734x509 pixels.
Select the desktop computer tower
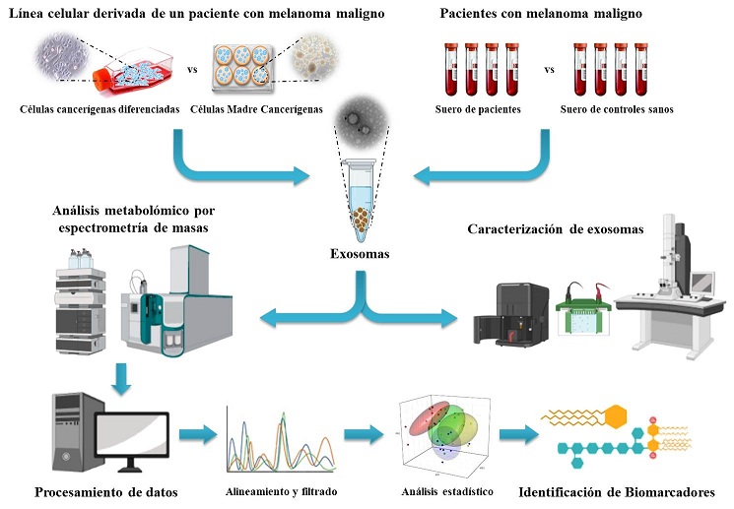(67, 428)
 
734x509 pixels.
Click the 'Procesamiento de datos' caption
(100, 492)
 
